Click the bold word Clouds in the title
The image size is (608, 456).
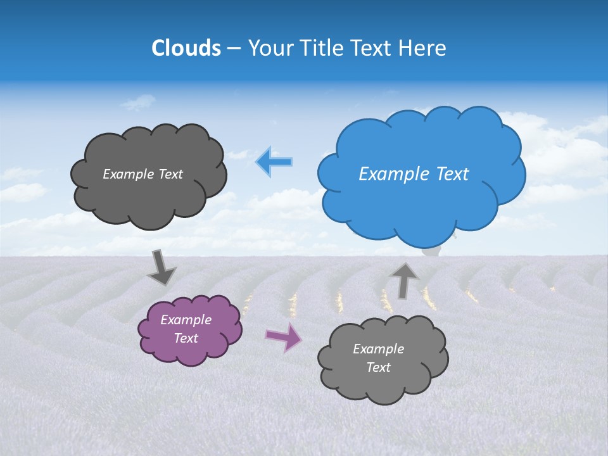click(x=186, y=48)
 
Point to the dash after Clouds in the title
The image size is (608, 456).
click(x=233, y=49)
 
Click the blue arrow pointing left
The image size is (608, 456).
click(x=274, y=161)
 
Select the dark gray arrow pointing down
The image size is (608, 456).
click(x=161, y=268)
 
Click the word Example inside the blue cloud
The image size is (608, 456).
click(x=394, y=174)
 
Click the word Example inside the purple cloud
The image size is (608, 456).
click(x=186, y=320)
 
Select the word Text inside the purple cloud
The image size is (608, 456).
click(x=186, y=338)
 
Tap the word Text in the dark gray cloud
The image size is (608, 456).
click(x=169, y=174)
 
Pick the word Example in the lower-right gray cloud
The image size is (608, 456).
click(x=378, y=349)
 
